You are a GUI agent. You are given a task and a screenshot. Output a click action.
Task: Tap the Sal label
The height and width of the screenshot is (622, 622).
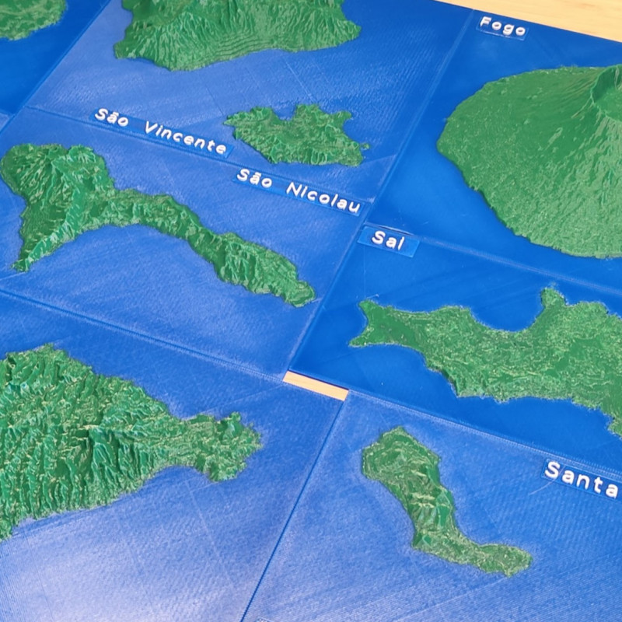388,239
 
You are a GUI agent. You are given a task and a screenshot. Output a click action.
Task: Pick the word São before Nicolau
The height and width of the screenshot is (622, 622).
254,178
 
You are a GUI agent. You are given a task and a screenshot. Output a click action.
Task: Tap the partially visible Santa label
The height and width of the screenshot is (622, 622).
581,478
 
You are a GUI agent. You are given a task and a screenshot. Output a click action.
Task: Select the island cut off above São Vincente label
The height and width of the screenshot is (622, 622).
233,31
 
